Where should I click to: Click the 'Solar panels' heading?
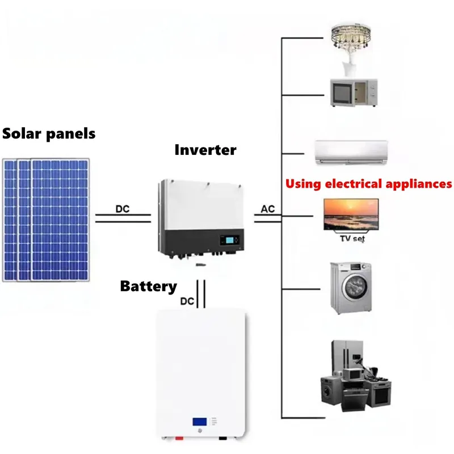[x=49, y=134]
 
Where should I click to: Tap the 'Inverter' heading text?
[x=205, y=150]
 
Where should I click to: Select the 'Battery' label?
[x=148, y=286]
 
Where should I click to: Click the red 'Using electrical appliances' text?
[x=368, y=184]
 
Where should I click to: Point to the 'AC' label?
[x=268, y=209]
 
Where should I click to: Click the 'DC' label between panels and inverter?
[x=123, y=209]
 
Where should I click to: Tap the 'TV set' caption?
[x=352, y=238]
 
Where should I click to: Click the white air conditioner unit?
[x=352, y=152]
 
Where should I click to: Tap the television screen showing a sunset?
[x=351, y=214]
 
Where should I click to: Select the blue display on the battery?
[x=199, y=422]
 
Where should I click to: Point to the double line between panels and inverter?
[x=123, y=218]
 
